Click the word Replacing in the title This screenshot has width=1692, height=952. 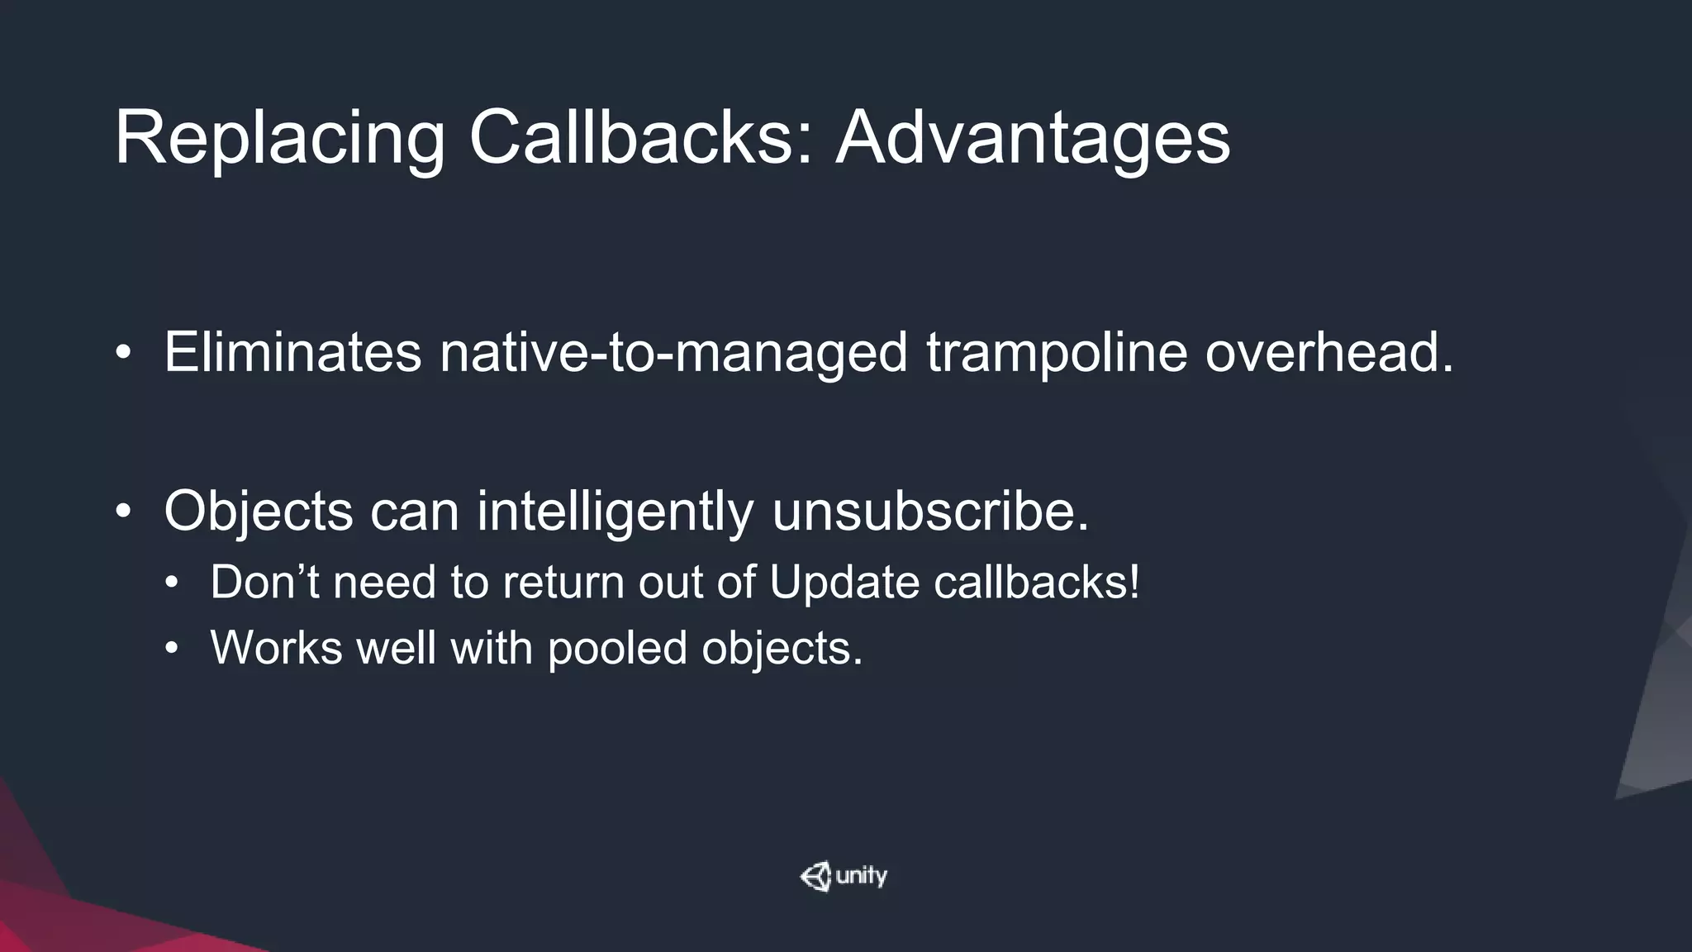coord(279,138)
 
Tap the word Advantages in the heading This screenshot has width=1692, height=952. coord(1033,138)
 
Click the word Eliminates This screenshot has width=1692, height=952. coord(292,352)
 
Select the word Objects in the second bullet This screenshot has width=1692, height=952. coord(259,512)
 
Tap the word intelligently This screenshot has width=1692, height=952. coord(615,512)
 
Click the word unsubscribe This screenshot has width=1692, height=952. coord(930,512)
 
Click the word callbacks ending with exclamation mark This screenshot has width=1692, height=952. coord(1037,582)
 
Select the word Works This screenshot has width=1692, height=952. coord(276,647)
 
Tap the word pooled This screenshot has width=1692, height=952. coord(617,649)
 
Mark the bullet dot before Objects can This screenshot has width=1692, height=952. coord(123,512)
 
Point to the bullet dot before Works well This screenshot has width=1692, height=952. coord(171,648)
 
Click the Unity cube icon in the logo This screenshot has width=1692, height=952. coord(816,876)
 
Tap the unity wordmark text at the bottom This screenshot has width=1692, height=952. coord(861,876)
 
